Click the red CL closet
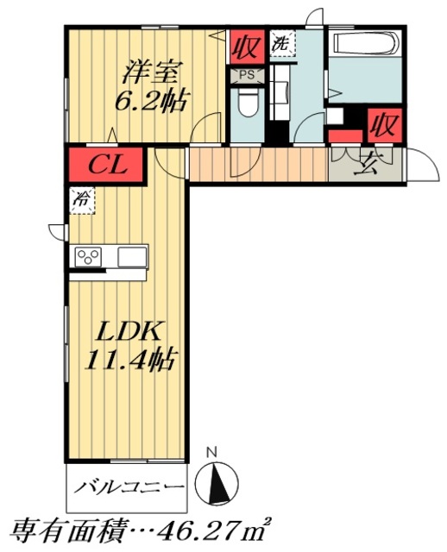106,165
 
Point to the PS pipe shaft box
247,76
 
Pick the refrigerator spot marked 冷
82,201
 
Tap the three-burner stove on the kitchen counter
88,257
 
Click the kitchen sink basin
132,257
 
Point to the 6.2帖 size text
150,101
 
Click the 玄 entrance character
366,166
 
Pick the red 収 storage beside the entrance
384,124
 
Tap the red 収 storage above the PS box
247,47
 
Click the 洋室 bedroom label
152,72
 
